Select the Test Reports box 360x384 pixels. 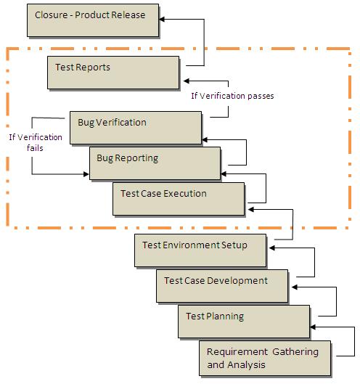[114, 73]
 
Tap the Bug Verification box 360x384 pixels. [136, 127]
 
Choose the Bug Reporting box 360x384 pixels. [155, 163]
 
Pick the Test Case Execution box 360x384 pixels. [179, 198]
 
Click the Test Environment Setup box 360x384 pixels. [201, 250]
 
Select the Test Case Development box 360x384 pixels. [222, 285]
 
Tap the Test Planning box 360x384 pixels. [244, 321]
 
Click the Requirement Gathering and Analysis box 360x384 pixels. [265, 358]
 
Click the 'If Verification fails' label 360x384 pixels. [36, 142]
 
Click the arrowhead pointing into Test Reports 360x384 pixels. [187, 81]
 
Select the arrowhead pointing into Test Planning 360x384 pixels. [314, 327]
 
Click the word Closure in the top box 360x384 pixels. [51, 15]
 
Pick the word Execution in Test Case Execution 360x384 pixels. [184, 194]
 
